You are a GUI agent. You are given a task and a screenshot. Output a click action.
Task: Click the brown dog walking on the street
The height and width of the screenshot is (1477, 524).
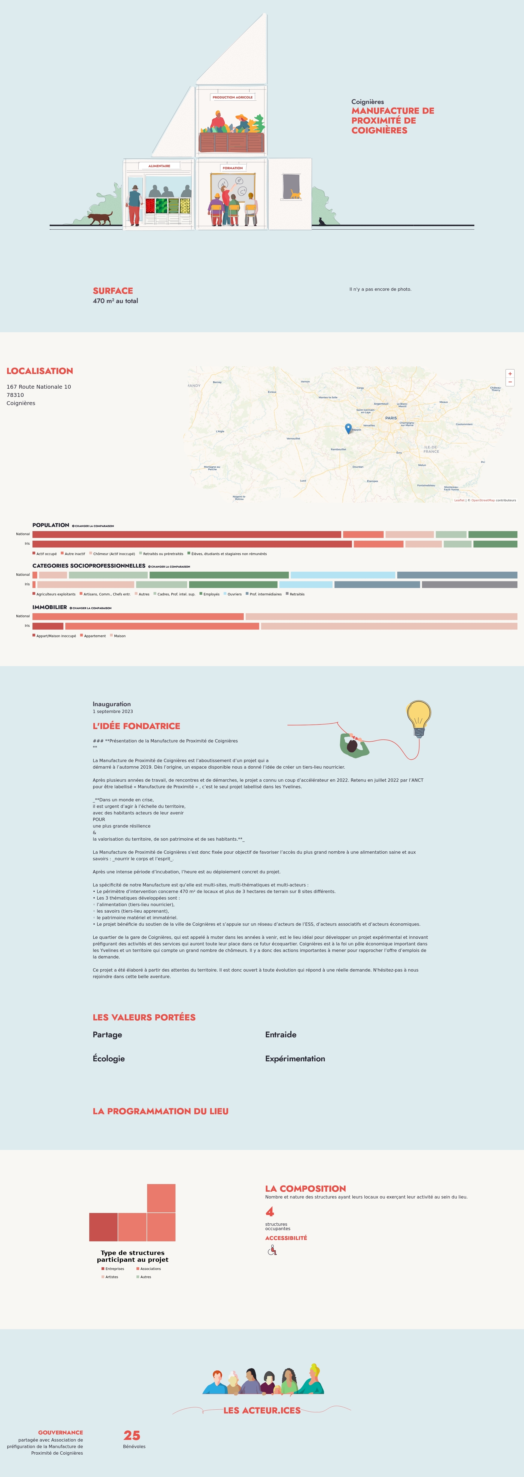[101, 218]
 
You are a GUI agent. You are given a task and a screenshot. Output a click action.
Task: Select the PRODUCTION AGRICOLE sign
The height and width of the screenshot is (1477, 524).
[233, 97]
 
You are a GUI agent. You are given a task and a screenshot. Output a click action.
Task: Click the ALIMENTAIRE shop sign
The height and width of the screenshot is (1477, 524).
[159, 166]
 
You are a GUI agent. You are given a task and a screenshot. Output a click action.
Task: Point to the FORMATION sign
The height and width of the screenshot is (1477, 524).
[233, 168]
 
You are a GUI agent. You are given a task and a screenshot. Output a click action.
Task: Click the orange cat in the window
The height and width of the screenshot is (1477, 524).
[295, 194]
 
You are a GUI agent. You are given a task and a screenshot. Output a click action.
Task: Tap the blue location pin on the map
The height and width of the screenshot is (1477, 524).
[348, 428]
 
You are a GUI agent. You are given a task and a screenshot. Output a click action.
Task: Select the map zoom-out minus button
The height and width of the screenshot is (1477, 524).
[510, 382]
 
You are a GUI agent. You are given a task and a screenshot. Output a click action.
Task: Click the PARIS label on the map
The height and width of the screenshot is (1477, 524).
[391, 418]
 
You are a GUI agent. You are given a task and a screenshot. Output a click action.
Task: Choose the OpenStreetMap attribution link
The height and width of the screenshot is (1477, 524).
[483, 501]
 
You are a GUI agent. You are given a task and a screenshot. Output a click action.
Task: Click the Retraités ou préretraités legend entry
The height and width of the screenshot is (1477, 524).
[162, 554]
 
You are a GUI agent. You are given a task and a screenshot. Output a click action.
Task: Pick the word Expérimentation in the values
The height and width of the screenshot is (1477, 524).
[295, 1058]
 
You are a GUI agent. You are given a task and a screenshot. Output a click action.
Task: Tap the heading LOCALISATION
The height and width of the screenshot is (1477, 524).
[40, 371]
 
